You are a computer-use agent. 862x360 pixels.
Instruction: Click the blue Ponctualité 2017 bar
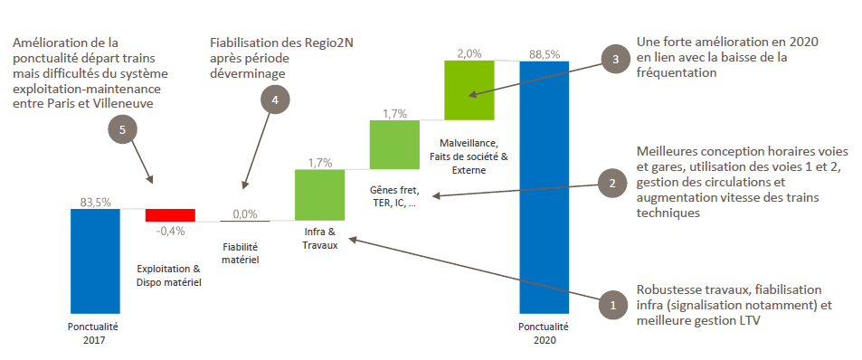click(95, 261)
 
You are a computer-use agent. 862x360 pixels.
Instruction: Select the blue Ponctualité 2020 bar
click(545, 187)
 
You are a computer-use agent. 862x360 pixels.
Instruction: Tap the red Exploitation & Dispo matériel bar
click(170, 215)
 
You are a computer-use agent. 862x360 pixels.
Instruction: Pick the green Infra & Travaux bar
click(320, 195)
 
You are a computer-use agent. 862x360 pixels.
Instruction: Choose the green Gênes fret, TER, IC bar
click(394, 145)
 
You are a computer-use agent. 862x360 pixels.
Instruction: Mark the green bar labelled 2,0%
click(469, 90)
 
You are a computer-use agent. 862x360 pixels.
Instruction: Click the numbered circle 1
click(614, 304)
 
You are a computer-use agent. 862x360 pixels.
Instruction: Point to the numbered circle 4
click(274, 99)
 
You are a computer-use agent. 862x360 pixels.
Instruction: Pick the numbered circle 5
click(122, 129)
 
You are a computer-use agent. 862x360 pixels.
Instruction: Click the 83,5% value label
click(95, 202)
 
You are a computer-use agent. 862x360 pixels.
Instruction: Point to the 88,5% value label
click(545, 54)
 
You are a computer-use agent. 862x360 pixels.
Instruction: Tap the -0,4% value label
click(170, 231)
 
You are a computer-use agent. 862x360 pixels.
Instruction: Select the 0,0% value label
click(244, 213)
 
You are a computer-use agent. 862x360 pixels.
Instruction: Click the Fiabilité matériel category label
click(241, 253)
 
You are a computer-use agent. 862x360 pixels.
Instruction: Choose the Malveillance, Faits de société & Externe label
click(468, 157)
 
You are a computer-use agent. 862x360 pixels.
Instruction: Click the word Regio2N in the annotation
click(328, 43)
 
